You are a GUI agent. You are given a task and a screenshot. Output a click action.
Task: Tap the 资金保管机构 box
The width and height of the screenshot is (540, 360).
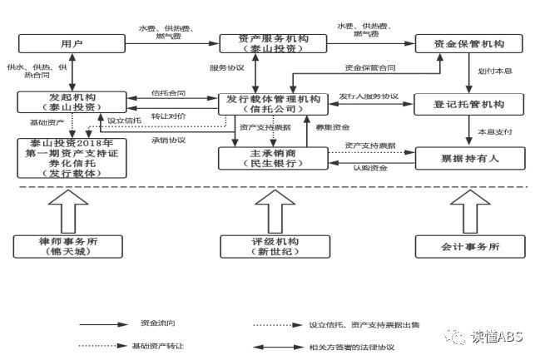(x=468, y=43)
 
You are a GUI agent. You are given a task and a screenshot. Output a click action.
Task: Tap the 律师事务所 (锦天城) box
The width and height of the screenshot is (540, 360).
(x=69, y=246)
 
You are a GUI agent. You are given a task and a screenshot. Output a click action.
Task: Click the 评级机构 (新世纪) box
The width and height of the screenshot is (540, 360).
(x=274, y=246)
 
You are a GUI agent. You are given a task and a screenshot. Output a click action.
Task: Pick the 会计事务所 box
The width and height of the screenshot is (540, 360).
(x=470, y=246)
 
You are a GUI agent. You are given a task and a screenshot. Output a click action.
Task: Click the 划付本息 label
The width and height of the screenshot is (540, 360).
(x=493, y=72)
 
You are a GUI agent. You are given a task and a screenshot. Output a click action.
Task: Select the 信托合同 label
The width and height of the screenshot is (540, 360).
(x=168, y=93)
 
